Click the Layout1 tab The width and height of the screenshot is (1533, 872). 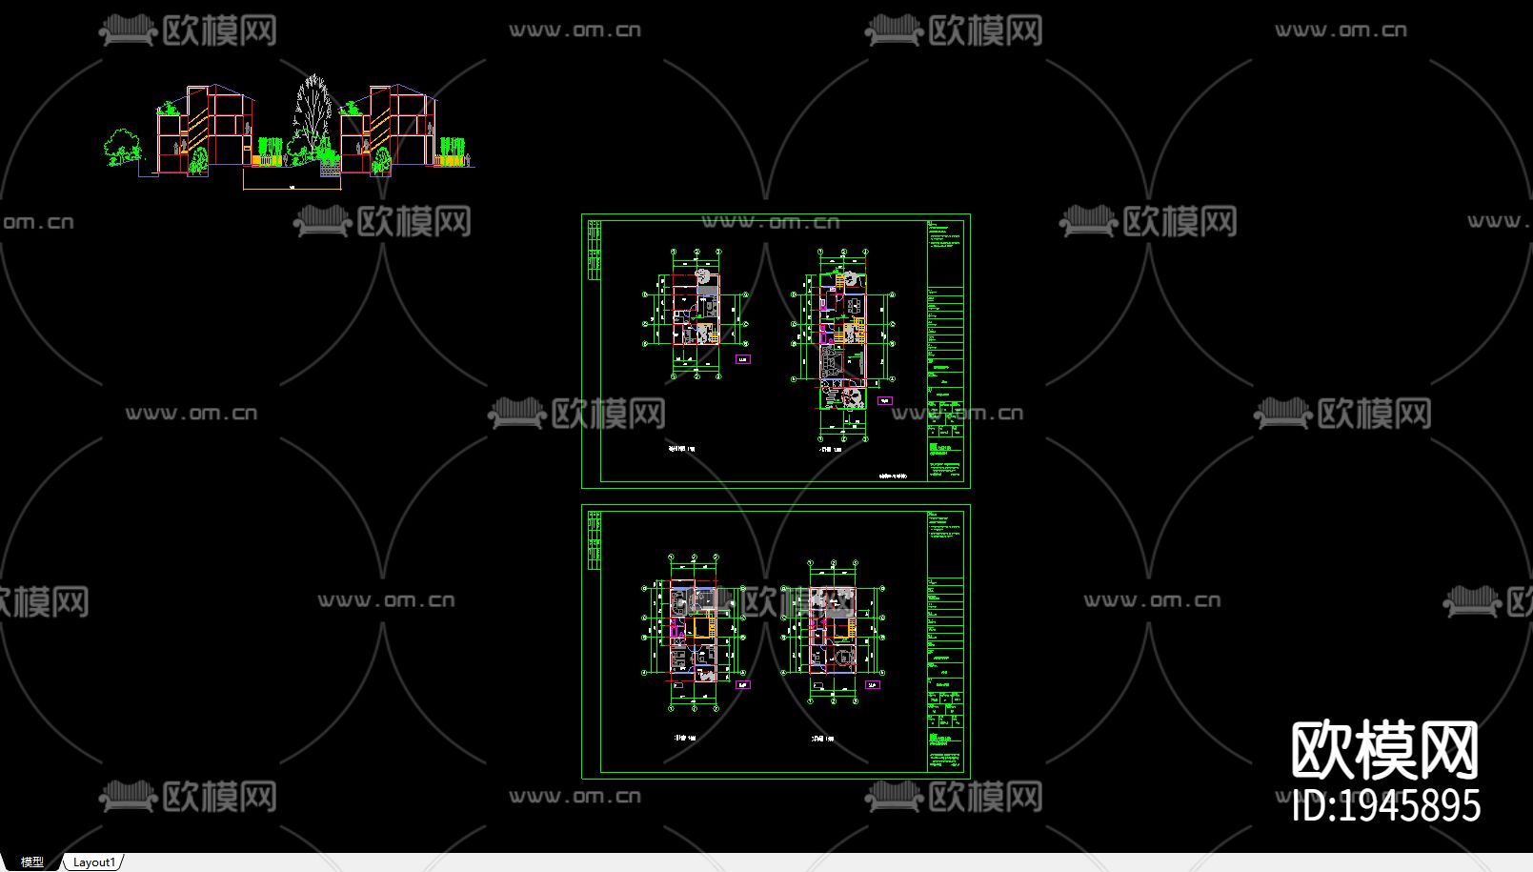point(93,862)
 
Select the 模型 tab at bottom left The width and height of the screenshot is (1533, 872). point(31,862)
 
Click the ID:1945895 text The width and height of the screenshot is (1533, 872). point(1386,806)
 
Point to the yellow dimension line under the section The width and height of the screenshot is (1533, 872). point(292,189)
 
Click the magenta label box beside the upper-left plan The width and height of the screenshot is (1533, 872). point(743,359)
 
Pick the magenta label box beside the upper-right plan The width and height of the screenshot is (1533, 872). point(885,401)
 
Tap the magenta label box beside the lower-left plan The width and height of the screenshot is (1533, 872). point(743,684)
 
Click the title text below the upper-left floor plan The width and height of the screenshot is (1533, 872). point(681,448)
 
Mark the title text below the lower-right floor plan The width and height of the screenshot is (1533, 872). point(822,738)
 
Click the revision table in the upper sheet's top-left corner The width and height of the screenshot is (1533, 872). point(595,251)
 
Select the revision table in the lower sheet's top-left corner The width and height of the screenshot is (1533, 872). point(595,540)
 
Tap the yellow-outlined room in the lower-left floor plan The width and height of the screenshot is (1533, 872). point(703,627)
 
